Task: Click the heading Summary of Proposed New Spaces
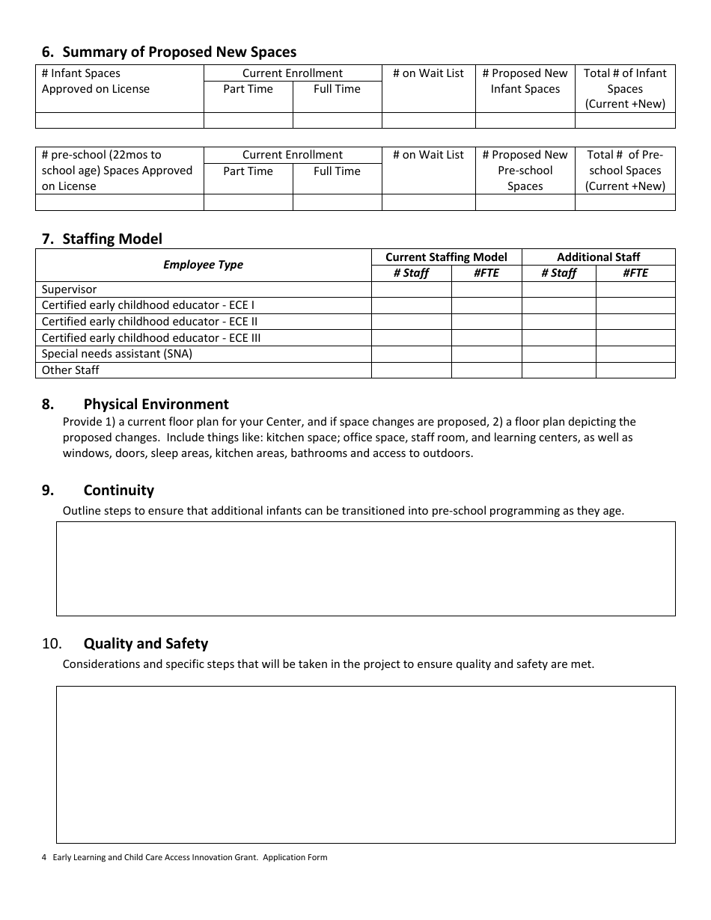point(179,52)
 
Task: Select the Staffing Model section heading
point(112,239)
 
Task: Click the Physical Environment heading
point(156,405)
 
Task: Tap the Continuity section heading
point(118,491)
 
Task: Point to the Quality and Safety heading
point(145,644)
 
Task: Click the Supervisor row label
point(69,289)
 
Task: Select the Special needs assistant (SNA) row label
point(117,354)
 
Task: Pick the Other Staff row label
point(70,370)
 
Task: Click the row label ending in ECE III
point(151,338)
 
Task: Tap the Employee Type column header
point(203,265)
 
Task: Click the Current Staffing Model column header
point(446,257)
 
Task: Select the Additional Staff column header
point(598,257)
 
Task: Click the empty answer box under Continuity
point(365,568)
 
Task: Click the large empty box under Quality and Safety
point(365,764)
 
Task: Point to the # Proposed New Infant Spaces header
point(525,81)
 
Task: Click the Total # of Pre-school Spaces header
point(625,171)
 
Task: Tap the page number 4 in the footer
point(44,858)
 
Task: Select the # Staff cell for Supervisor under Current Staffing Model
point(411,289)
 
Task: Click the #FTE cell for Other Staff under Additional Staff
point(635,370)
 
